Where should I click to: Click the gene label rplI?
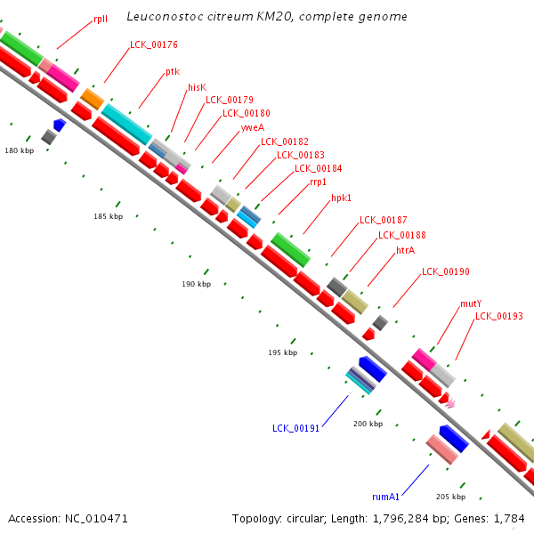[x=101, y=19]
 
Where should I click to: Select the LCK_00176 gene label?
[x=154, y=44]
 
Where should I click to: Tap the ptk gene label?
[x=173, y=72]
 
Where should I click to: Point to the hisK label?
[x=198, y=87]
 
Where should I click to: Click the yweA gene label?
[x=253, y=127]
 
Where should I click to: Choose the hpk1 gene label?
[x=341, y=198]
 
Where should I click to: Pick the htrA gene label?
[x=405, y=250]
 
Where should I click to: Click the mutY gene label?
[x=471, y=303]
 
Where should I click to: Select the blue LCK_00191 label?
[x=295, y=428]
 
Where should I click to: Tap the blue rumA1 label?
[x=385, y=497]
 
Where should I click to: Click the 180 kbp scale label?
[x=20, y=150]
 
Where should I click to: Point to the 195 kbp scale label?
[x=283, y=352]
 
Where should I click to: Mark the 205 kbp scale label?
[x=450, y=497]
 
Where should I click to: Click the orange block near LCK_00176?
[x=93, y=99]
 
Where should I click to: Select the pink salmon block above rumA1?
[x=442, y=449]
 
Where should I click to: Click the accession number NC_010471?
[x=96, y=519]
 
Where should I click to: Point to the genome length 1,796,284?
[x=400, y=519]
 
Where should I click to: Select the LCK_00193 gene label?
[x=499, y=316]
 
